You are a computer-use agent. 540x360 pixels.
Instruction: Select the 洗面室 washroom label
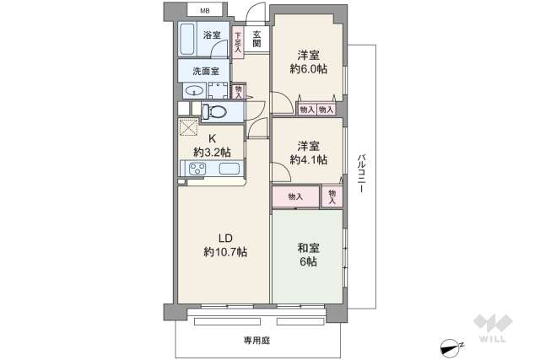[x=205, y=71]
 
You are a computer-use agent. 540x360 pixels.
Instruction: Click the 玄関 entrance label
[x=256, y=39]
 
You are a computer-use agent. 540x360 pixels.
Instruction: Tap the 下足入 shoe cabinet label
[x=238, y=42]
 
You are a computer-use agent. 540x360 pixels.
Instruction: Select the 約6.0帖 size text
[x=308, y=68]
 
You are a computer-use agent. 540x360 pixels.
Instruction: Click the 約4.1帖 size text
[x=308, y=159]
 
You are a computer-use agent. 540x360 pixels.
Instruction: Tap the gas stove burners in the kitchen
[x=199, y=169]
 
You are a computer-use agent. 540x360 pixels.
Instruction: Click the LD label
[x=224, y=236]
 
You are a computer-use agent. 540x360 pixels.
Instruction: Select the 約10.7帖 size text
[x=224, y=251]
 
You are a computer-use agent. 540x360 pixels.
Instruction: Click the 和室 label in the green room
[x=307, y=248]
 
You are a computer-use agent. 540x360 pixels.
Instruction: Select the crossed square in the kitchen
[x=188, y=126]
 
